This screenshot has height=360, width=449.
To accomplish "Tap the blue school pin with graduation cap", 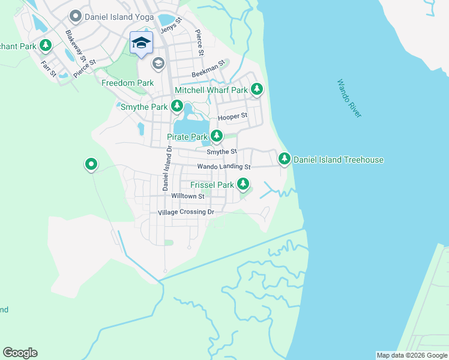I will coord(141,43).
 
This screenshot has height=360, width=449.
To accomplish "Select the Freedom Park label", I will coord(127,83).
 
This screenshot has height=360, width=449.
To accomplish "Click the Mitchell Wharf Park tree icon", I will coord(257,89).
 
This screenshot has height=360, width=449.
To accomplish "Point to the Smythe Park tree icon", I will coord(176,106).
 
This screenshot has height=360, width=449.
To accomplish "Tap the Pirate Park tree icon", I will coord(216,137).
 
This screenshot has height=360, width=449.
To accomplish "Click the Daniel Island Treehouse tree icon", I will coord(284,159).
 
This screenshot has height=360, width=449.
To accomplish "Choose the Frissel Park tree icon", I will coord(243,184).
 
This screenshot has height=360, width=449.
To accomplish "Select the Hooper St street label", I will coord(233,116).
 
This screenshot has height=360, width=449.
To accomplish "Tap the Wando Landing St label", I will coord(223,166).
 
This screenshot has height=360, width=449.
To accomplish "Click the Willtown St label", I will coord(188,196).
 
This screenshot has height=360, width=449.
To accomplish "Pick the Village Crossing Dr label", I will coord(185,212).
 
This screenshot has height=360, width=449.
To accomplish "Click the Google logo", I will coord(20,353).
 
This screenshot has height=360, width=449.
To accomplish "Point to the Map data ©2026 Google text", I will coord(412,355).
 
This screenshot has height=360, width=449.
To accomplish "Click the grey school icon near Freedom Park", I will coord(158,62).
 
